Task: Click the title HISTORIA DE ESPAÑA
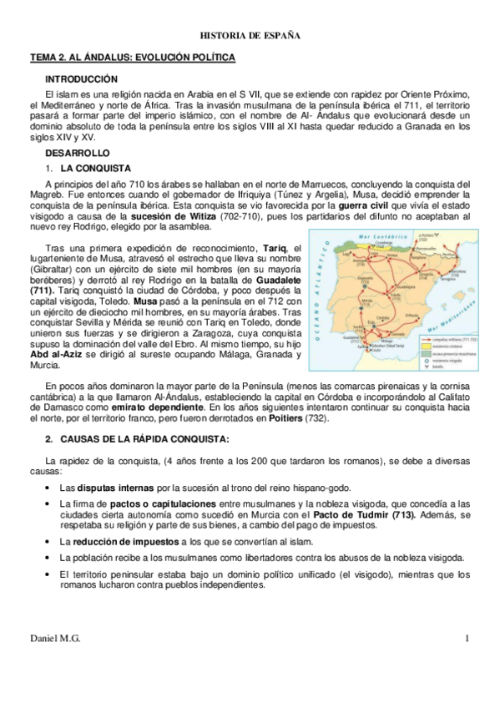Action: (x=250, y=36)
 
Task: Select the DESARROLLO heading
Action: (x=78, y=154)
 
